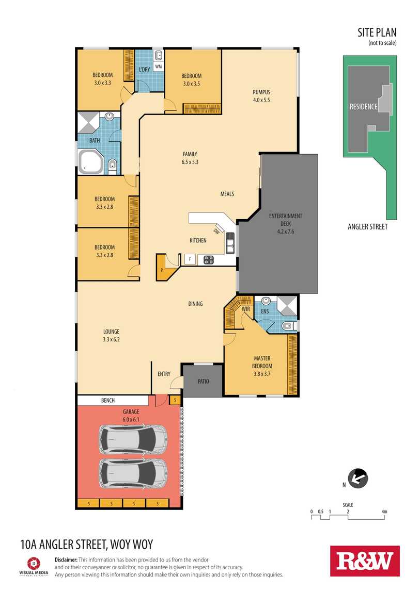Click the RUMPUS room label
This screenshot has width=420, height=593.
[261, 92]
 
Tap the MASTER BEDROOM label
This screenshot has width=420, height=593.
[262, 362]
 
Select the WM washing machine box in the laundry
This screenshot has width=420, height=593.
[159, 67]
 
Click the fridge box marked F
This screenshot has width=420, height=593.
[190, 259]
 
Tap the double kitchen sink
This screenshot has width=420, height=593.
[230, 243]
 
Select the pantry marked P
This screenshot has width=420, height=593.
[165, 267]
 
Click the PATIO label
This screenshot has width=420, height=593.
[204, 381]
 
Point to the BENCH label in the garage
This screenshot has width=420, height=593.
[108, 400]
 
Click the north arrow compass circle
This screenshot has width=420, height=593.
[358, 479]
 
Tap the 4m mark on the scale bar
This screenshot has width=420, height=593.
[384, 512]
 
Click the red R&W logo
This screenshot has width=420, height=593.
[365, 561]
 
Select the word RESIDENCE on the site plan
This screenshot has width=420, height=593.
[364, 107]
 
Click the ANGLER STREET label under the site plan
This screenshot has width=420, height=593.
[368, 227]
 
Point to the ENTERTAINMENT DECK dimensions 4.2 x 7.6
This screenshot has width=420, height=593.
[286, 232]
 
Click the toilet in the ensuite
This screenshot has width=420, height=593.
[290, 325]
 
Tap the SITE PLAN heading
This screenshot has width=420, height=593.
[377, 32]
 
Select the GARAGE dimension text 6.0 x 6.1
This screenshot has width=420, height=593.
[131, 419]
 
